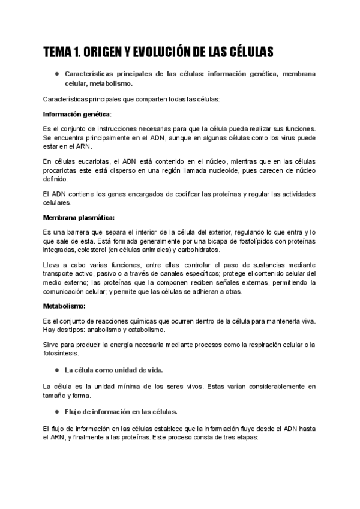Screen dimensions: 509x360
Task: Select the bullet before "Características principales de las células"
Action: [56, 74]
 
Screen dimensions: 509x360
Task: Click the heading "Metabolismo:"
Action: [64, 306]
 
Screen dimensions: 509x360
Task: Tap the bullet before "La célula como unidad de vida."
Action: [56, 370]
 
